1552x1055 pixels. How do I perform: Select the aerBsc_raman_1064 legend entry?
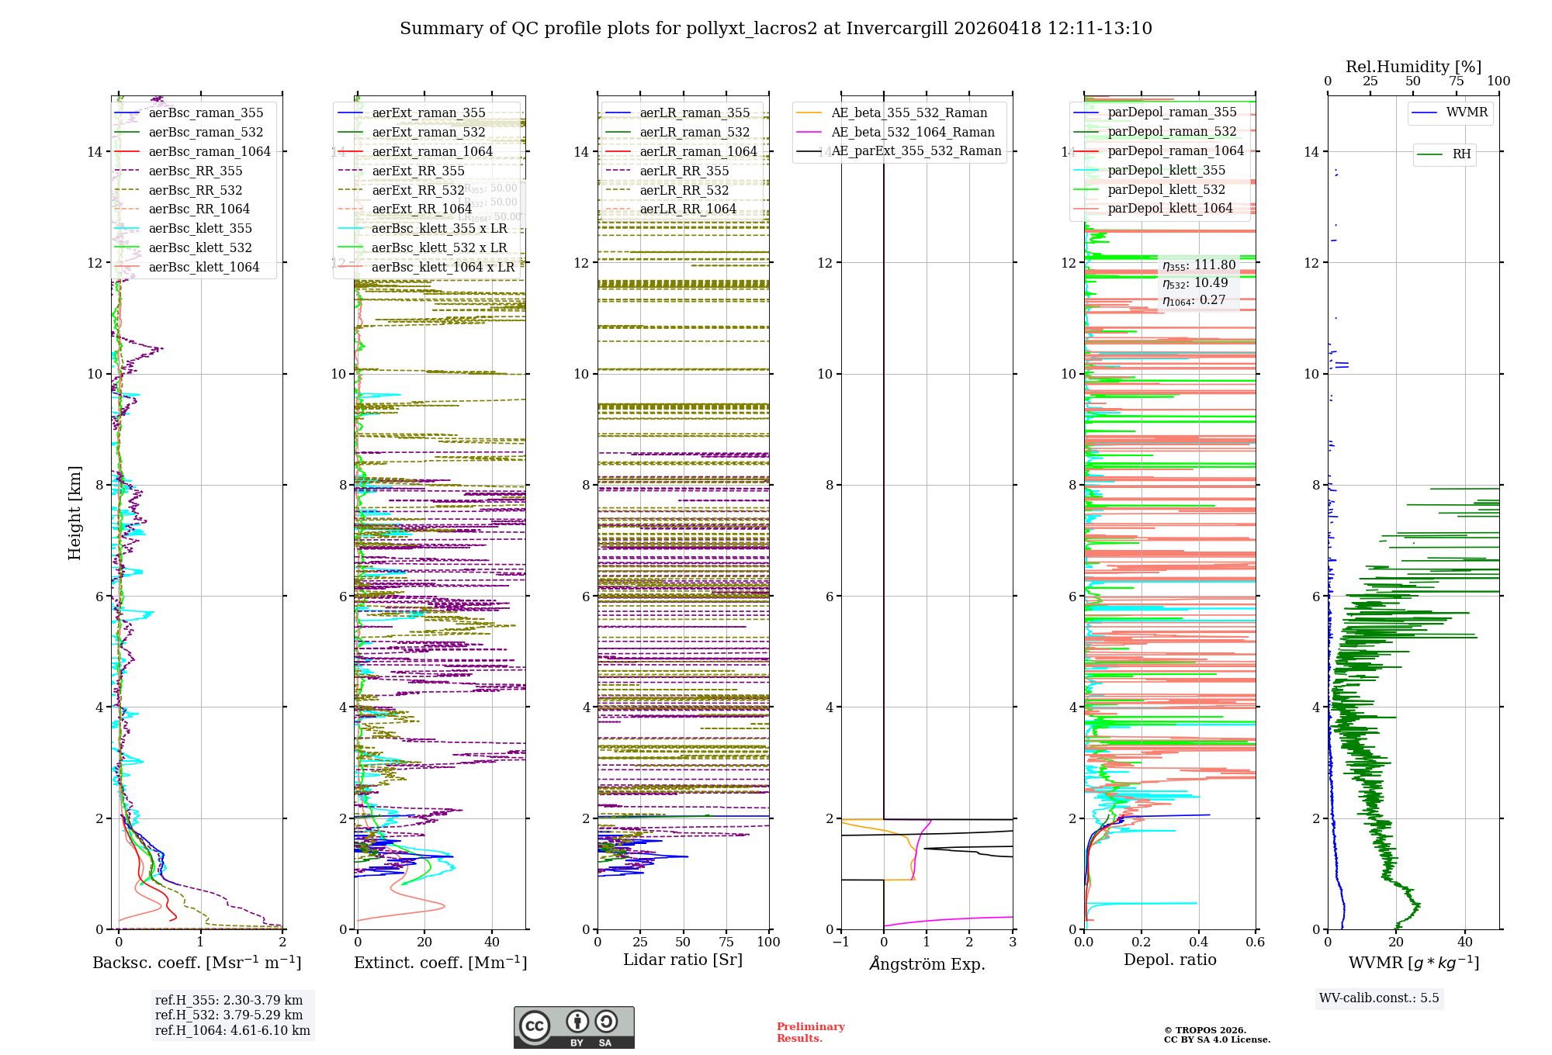(210, 152)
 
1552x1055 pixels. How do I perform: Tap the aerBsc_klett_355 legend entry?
(200, 229)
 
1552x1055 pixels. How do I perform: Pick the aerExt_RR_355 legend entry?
(418, 171)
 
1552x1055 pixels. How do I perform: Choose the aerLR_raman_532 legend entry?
(695, 133)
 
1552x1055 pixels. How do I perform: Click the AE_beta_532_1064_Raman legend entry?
(913, 133)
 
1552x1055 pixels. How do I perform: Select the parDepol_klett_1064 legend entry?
(1170, 209)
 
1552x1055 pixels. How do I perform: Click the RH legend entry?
(1461, 154)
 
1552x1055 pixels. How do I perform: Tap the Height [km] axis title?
(74, 513)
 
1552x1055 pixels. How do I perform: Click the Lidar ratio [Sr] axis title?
(683, 960)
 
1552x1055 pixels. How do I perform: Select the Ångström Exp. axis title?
(927, 963)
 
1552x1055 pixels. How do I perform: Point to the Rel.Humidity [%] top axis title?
(1413, 67)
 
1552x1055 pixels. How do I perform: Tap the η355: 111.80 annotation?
(1199, 265)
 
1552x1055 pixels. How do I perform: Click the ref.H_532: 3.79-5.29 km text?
(229, 1015)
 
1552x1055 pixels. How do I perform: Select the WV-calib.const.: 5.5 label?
(1379, 998)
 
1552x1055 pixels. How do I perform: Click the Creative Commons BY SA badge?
(573, 1028)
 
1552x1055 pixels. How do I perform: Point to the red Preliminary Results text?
(810, 1033)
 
